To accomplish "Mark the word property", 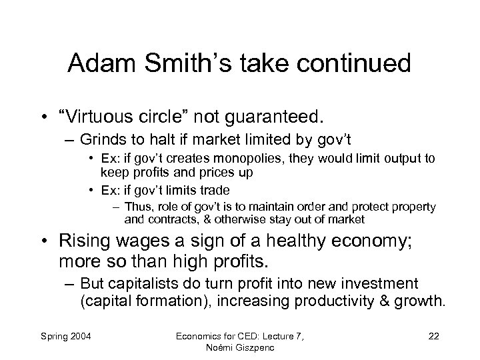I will coord(413,207).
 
